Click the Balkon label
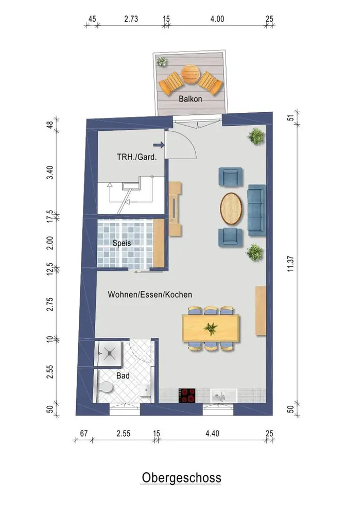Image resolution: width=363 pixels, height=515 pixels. pos(190,98)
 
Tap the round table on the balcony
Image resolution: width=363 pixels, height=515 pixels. pos(190,75)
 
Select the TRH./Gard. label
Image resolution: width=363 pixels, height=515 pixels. pos(136,157)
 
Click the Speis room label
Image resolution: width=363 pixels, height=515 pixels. pos(122,243)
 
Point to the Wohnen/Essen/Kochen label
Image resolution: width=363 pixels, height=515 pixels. pos(150,294)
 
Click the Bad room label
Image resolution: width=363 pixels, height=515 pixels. pos(123,375)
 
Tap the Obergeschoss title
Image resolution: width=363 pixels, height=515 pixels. pos(181,477)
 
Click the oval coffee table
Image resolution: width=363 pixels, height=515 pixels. pos(231,208)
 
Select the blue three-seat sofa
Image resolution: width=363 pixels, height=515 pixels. pos(256,210)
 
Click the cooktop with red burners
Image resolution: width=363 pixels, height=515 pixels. pos(187,396)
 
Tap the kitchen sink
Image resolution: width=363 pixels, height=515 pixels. pos(223,396)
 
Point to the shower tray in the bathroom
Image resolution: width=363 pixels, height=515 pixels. pos(108,353)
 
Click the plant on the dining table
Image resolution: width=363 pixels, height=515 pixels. pos(210,328)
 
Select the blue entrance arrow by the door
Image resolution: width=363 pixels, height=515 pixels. pos(159,145)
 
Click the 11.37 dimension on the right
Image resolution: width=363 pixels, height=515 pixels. pos(290,263)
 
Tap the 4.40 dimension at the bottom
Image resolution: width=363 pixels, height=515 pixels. pos(212,433)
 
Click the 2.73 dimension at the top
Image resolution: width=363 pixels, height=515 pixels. pos(131,19)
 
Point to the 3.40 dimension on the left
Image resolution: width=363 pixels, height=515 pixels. pos(49,173)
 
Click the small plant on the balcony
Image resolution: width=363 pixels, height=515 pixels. pos(162,61)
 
